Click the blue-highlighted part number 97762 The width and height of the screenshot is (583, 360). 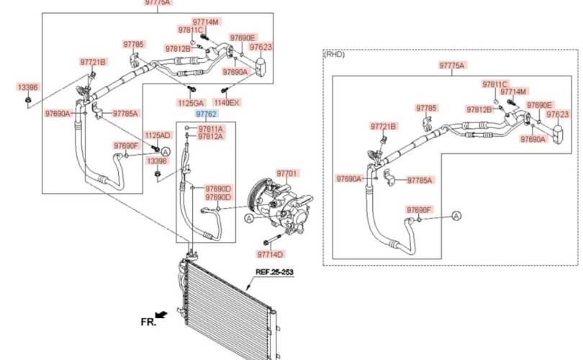(x=207, y=114)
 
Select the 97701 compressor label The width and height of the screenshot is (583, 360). (x=288, y=174)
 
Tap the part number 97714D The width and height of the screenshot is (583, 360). (x=271, y=254)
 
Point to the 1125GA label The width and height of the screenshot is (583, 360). (x=191, y=103)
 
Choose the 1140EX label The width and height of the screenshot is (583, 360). (x=227, y=102)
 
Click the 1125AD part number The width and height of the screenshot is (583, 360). (x=158, y=135)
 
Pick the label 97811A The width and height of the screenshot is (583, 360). (x=211, y=129)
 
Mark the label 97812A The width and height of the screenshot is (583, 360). (x=211, y=137)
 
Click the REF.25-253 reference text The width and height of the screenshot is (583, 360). (x=274, y=272)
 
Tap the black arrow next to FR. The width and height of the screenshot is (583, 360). (x=161, y=315)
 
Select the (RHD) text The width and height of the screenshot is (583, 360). (x=335, y=54)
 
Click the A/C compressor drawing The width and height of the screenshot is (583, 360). (x=281, y=205)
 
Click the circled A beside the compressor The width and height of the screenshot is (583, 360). (x=249, y=218)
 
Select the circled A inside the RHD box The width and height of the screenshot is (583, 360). (x=456, y=216)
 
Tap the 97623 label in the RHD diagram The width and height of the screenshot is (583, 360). (x=558, y=114)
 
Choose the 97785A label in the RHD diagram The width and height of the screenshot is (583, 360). (x=420, y=181)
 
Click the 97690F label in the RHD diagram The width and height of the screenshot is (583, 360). (x=419, y=210)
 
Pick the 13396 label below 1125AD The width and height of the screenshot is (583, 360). (x=157, y=161)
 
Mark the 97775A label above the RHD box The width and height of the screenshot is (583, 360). (x=452, y=66)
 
